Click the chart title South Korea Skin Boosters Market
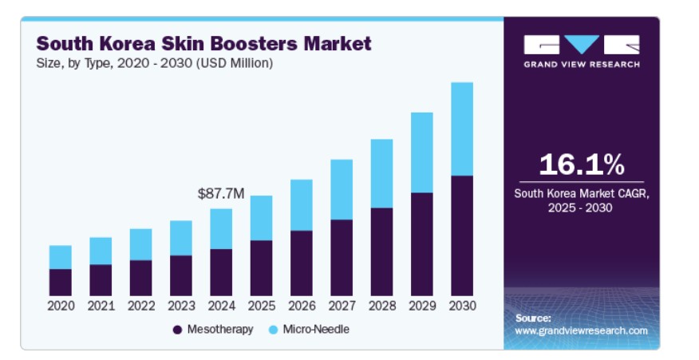(203, 43)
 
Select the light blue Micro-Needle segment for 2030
(462, 129)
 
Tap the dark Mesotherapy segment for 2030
(462, 235)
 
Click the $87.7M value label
(221, 193)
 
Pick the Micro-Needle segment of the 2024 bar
(221, 229)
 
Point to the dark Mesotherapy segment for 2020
(61, 282)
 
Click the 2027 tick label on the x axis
(342, 306)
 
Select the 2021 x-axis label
(101, 306)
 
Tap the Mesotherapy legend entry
(213, 329)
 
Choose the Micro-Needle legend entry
(309, 329)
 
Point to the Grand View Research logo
(582, 50)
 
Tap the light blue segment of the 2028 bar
(381, 173)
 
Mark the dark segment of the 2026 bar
(302, 263)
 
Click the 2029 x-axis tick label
(422, 306)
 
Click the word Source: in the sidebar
(533, 318)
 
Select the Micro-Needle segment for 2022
(141, 244)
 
